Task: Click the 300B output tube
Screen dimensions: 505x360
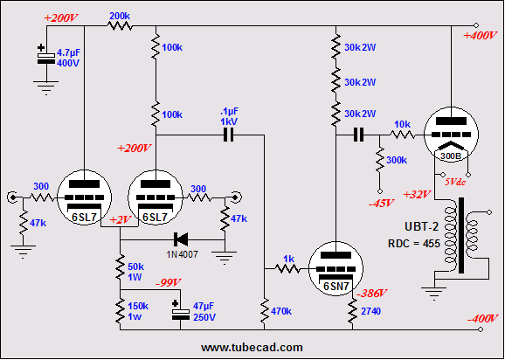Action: (451, 134)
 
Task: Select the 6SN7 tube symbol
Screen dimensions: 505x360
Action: (336, 268)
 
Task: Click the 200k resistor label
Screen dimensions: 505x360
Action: (120, 16)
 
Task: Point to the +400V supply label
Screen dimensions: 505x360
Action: (480, 36)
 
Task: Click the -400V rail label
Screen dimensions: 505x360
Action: (482, 319)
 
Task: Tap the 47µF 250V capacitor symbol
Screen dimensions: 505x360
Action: (180, 311)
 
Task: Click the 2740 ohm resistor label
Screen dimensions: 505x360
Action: (371, 311)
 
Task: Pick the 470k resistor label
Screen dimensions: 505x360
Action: (282, 311)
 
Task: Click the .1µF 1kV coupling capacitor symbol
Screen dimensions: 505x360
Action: (228, 135)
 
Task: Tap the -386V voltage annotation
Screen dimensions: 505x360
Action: (371, 293)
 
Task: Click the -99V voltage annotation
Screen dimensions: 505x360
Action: (168, 283)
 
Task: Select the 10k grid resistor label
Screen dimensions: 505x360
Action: (402, 124)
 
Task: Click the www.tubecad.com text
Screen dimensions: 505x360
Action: (252, 348)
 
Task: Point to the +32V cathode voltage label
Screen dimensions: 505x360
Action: (417, 195)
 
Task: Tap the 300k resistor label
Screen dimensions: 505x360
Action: (397, 160)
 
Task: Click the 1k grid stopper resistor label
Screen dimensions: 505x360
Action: (290, 259)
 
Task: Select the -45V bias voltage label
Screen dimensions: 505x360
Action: (382, 204)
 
